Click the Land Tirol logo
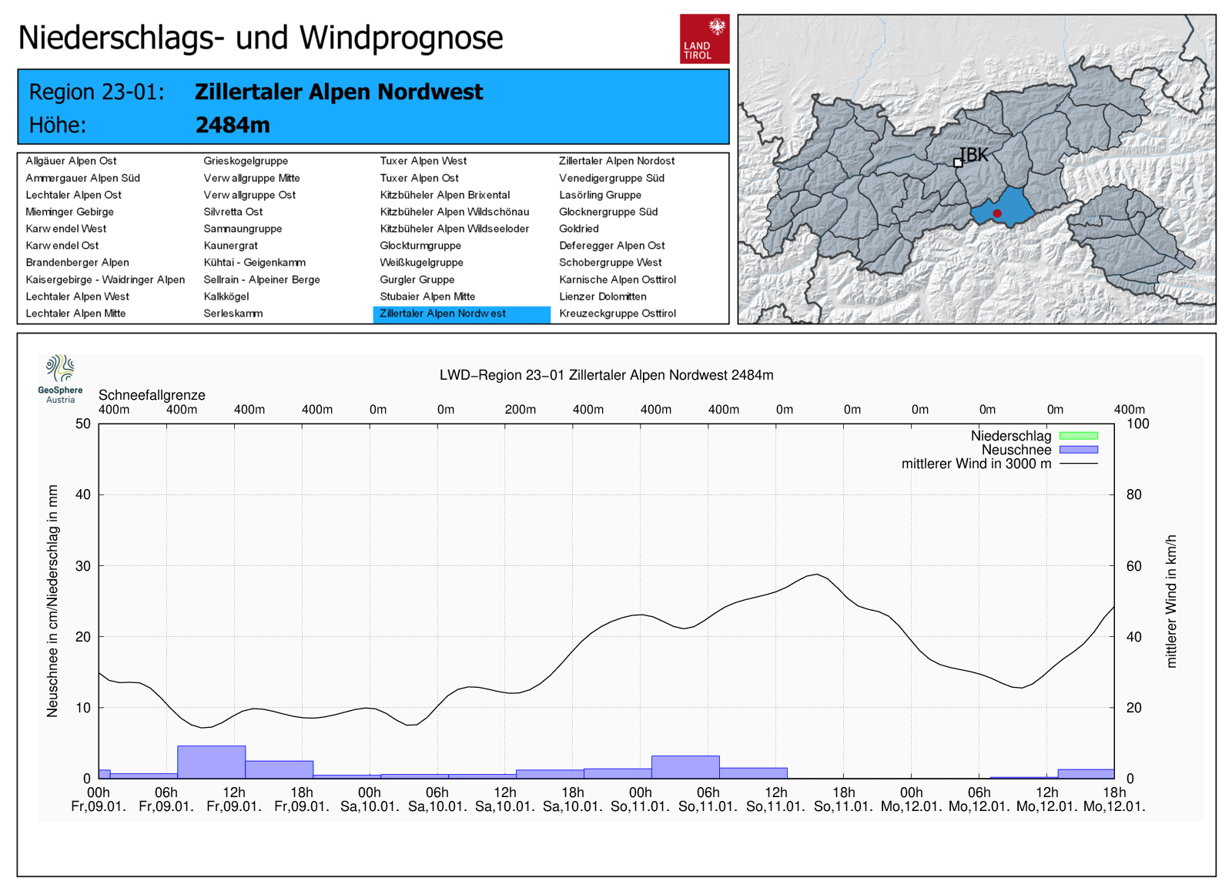click(704, 39)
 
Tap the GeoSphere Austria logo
click(60, 378)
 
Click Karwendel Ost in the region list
click(62, 246)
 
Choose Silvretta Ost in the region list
click(233, 212)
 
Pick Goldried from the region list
click(579, 229)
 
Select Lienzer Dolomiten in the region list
click(603, 297)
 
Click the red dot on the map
click(997, 213)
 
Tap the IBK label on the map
click(974, 155)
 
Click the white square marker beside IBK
click(958, 163)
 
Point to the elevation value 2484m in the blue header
click(233, 125)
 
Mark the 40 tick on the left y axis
click(83, 494)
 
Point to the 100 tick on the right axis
click(1137, 424)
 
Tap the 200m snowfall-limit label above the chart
click(521, 410)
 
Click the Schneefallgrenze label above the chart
click(152, 395)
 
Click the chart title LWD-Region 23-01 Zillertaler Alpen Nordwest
click(606, 375)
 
